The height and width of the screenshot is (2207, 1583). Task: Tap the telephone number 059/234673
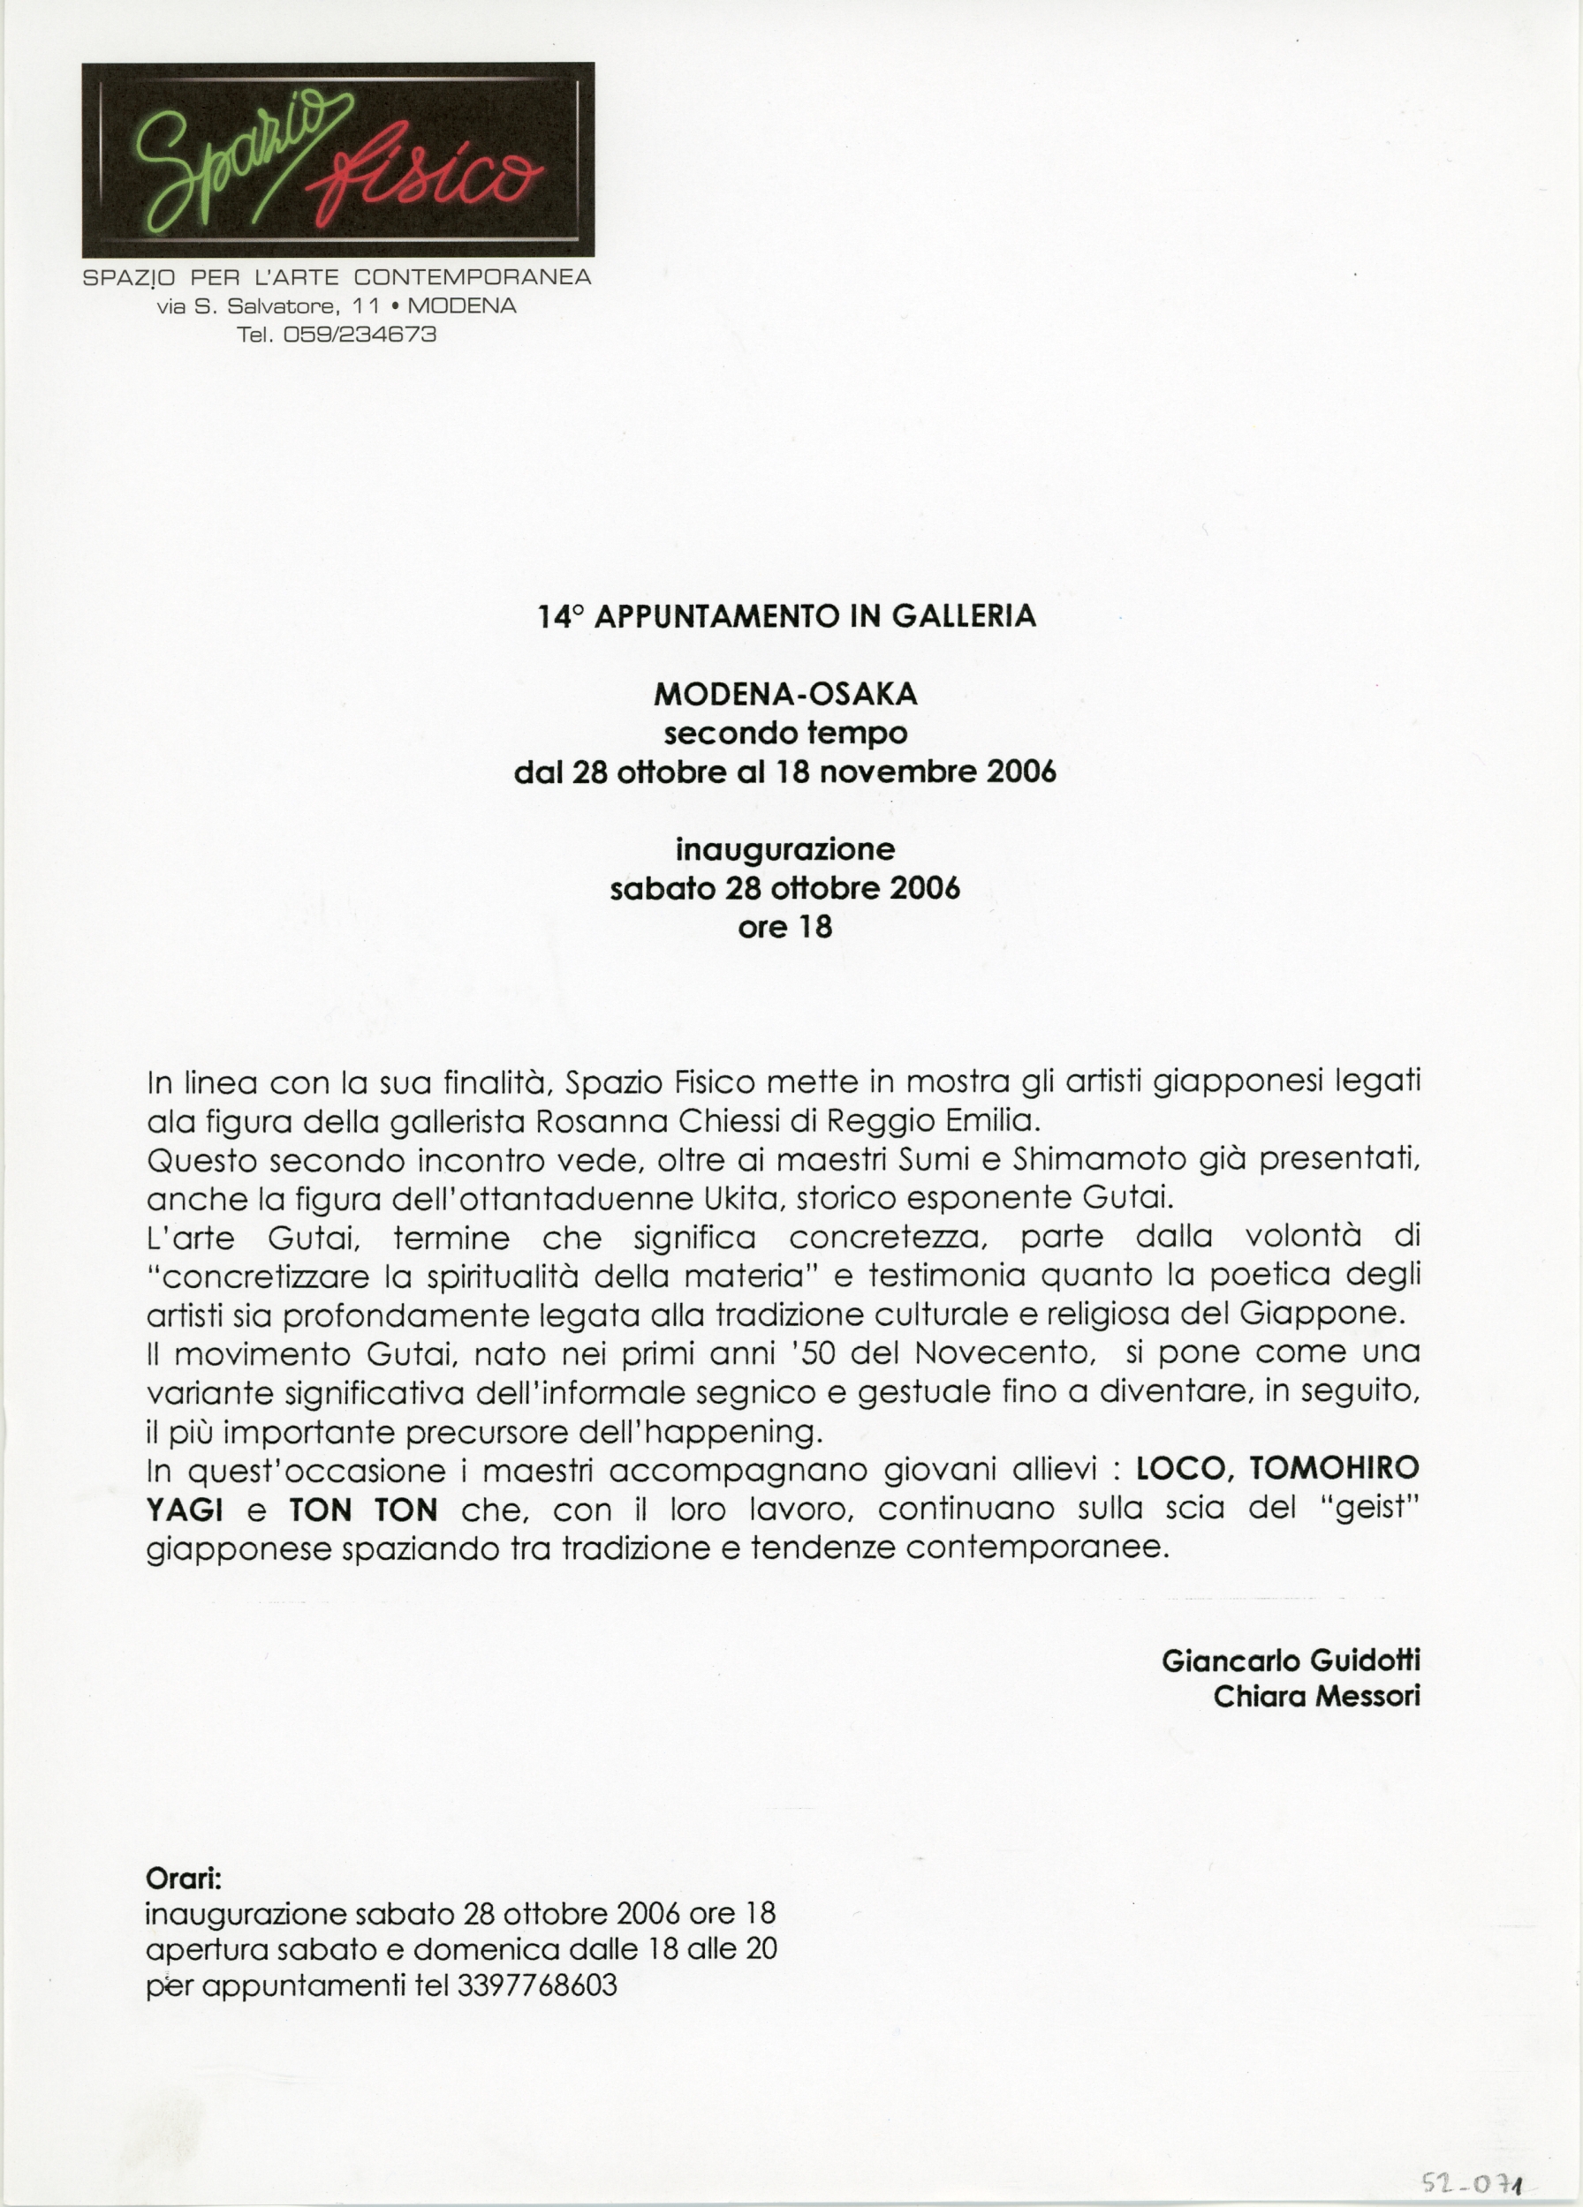tap(360, 335)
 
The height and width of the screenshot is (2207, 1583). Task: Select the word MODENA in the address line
tap(461, 305)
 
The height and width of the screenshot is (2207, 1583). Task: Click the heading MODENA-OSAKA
tap(784, 694)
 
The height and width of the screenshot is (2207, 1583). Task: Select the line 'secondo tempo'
tap(784, 733)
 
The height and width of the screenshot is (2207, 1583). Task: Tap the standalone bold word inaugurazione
tap(784, 849)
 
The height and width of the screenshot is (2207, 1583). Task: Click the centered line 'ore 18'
tap(784, 927)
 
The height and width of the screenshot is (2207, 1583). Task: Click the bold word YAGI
tap(184, 1510)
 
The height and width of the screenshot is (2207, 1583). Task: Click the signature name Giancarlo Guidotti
tap(1290, 1661)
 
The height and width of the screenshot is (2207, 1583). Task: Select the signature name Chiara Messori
tap(1316, 1697)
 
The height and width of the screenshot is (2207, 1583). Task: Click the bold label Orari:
tap(184, 1878)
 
